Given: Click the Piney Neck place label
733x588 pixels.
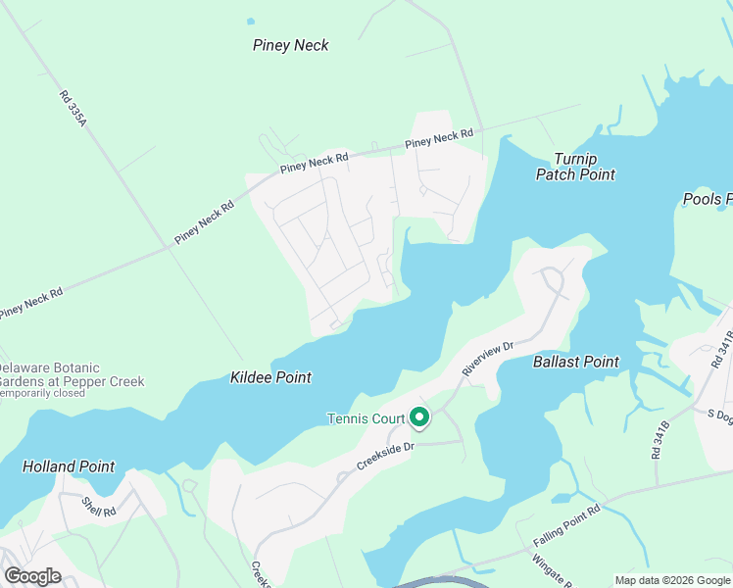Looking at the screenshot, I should [290, 45].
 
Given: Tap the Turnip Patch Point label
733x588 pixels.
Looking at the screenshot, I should [575, 167].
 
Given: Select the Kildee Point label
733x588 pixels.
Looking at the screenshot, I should [270, 377].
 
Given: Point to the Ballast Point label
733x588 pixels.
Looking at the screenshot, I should [575, 362].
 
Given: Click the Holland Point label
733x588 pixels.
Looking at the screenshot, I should [69, 466].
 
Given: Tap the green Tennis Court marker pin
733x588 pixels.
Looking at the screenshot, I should [419, 418].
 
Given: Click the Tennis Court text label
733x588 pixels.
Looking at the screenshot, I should [366, 419].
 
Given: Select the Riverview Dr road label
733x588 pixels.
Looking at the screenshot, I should [488, 359].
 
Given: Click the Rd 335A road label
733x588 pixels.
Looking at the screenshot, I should [73, 107].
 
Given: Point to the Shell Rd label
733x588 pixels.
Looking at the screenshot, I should [99, 507].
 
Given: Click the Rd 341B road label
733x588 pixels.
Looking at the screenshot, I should [660, 440].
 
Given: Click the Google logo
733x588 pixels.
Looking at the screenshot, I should [32, 576].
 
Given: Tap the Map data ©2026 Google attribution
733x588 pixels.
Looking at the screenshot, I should [671, 580].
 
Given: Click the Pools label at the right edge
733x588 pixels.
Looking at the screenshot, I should [708, 200].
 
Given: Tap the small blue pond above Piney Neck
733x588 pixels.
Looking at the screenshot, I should [251, 20].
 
